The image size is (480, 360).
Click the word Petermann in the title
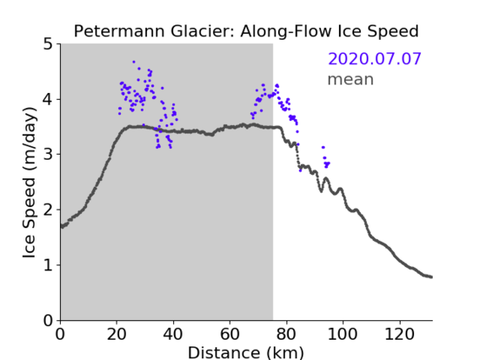120,31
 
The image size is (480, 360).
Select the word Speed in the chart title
393,32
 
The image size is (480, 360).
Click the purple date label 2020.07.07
374,59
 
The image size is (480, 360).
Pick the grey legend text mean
351,79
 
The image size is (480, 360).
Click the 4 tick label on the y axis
48,100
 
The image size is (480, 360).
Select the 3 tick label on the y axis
48,155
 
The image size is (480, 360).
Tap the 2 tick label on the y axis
48,210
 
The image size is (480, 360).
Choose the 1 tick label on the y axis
48,265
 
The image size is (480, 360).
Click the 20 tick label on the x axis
117,334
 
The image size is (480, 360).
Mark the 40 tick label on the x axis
173,334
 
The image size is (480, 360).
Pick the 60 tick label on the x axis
230,334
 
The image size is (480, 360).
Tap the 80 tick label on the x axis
286,334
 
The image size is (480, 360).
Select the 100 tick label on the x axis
342,334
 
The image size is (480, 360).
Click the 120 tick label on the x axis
400,334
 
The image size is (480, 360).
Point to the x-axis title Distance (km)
246,352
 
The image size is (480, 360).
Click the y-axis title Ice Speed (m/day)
30,183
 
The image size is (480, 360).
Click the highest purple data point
134,62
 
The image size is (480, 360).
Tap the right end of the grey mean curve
431,277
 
